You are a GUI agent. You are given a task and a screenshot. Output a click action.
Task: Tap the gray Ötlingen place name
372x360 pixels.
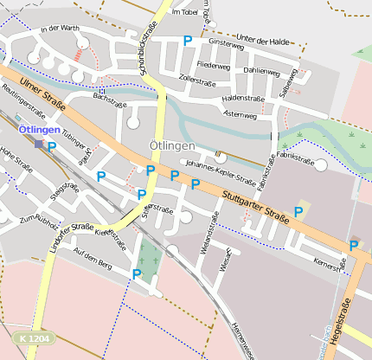pyautogui.click(x=172, y=145)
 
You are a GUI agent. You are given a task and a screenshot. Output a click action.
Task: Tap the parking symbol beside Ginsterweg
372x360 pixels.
pyautogui.click(x=188, y=40)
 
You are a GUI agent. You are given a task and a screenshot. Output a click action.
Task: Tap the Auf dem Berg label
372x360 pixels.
pyautogui.click(x=93, y=258)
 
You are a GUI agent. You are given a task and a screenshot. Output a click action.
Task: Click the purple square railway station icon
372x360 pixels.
pyautogui.click(x=38, y=144)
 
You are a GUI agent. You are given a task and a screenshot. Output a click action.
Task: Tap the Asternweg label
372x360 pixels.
pyautogui.click(x=240, y=114)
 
